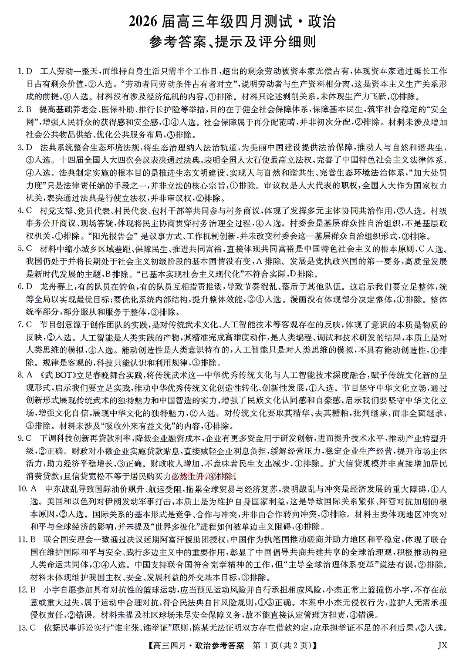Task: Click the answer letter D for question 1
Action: point(28,71)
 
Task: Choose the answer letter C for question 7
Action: point(28,325)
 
